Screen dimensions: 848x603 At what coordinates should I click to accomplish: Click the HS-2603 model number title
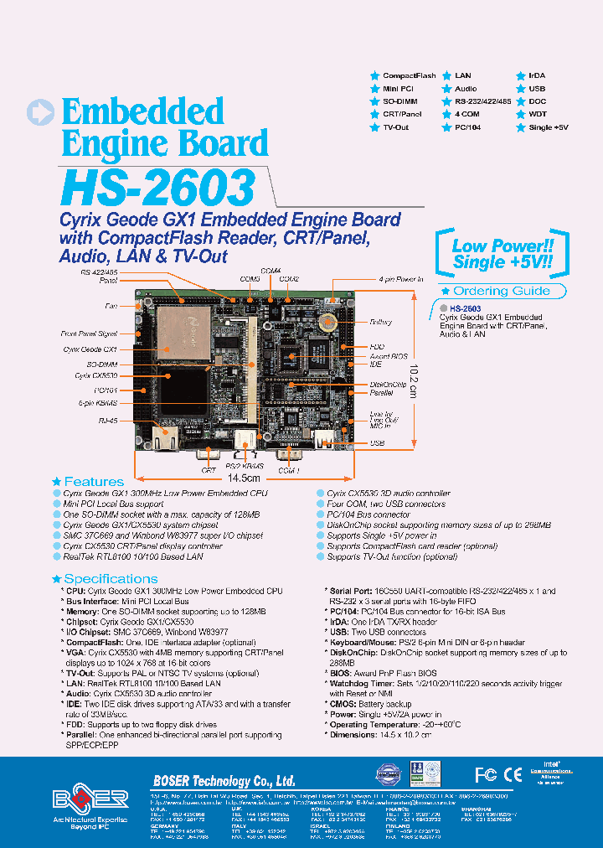pyautogui.click(x=158, y=188)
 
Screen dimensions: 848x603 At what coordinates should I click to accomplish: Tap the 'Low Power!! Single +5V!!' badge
pyautogui.click(x=502, y=254)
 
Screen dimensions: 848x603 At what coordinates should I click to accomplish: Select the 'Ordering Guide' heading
pyautogui.click(x=502, y=291)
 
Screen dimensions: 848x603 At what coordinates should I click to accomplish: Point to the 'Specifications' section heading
pyautogui.click(x=111, y=579)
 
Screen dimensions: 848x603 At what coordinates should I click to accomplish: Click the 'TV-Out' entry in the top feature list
pyautogui.click(x=395, y=127)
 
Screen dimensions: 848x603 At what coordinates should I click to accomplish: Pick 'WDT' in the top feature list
pyautogui.click(x=537, y=114)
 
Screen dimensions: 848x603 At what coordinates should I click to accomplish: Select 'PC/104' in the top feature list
pyautogui.click(x=466, y=127)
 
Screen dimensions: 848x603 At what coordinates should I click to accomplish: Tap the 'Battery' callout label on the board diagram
pyautogui.click(x=381, y=322)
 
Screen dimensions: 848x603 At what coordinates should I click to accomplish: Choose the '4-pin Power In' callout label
pyautogui.click(x=401, y=278)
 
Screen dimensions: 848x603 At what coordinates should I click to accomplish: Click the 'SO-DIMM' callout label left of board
pyautogui.click(x=104, y=365)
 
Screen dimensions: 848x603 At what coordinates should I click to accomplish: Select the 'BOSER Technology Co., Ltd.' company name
pyautogui.click(x=224, y=781)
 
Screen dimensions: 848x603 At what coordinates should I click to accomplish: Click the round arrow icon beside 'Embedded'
pyautogui.click(x=41, y=114)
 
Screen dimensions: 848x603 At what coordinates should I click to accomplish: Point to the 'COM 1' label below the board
pyautogui.click(x=288, y=471)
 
